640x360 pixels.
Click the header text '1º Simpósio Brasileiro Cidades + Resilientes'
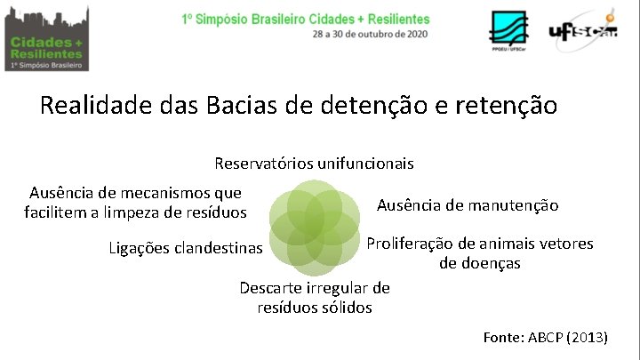(x=305, y=19)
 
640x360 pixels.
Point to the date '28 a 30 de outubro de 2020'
(x=370, y=34)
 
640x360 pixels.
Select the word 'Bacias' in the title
(x=243, y=106)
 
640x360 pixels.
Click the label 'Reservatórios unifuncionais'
(x=314, y=164)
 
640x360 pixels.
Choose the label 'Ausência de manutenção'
(x=468, y=205)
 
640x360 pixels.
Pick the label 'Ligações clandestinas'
(x=186, y=246)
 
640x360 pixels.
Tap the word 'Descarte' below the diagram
(x=272, y=288)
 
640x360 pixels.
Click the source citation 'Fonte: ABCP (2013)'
(x=545, y=337)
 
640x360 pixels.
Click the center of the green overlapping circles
(x=314, y=226)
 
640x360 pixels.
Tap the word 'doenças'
(x=479, y=263)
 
